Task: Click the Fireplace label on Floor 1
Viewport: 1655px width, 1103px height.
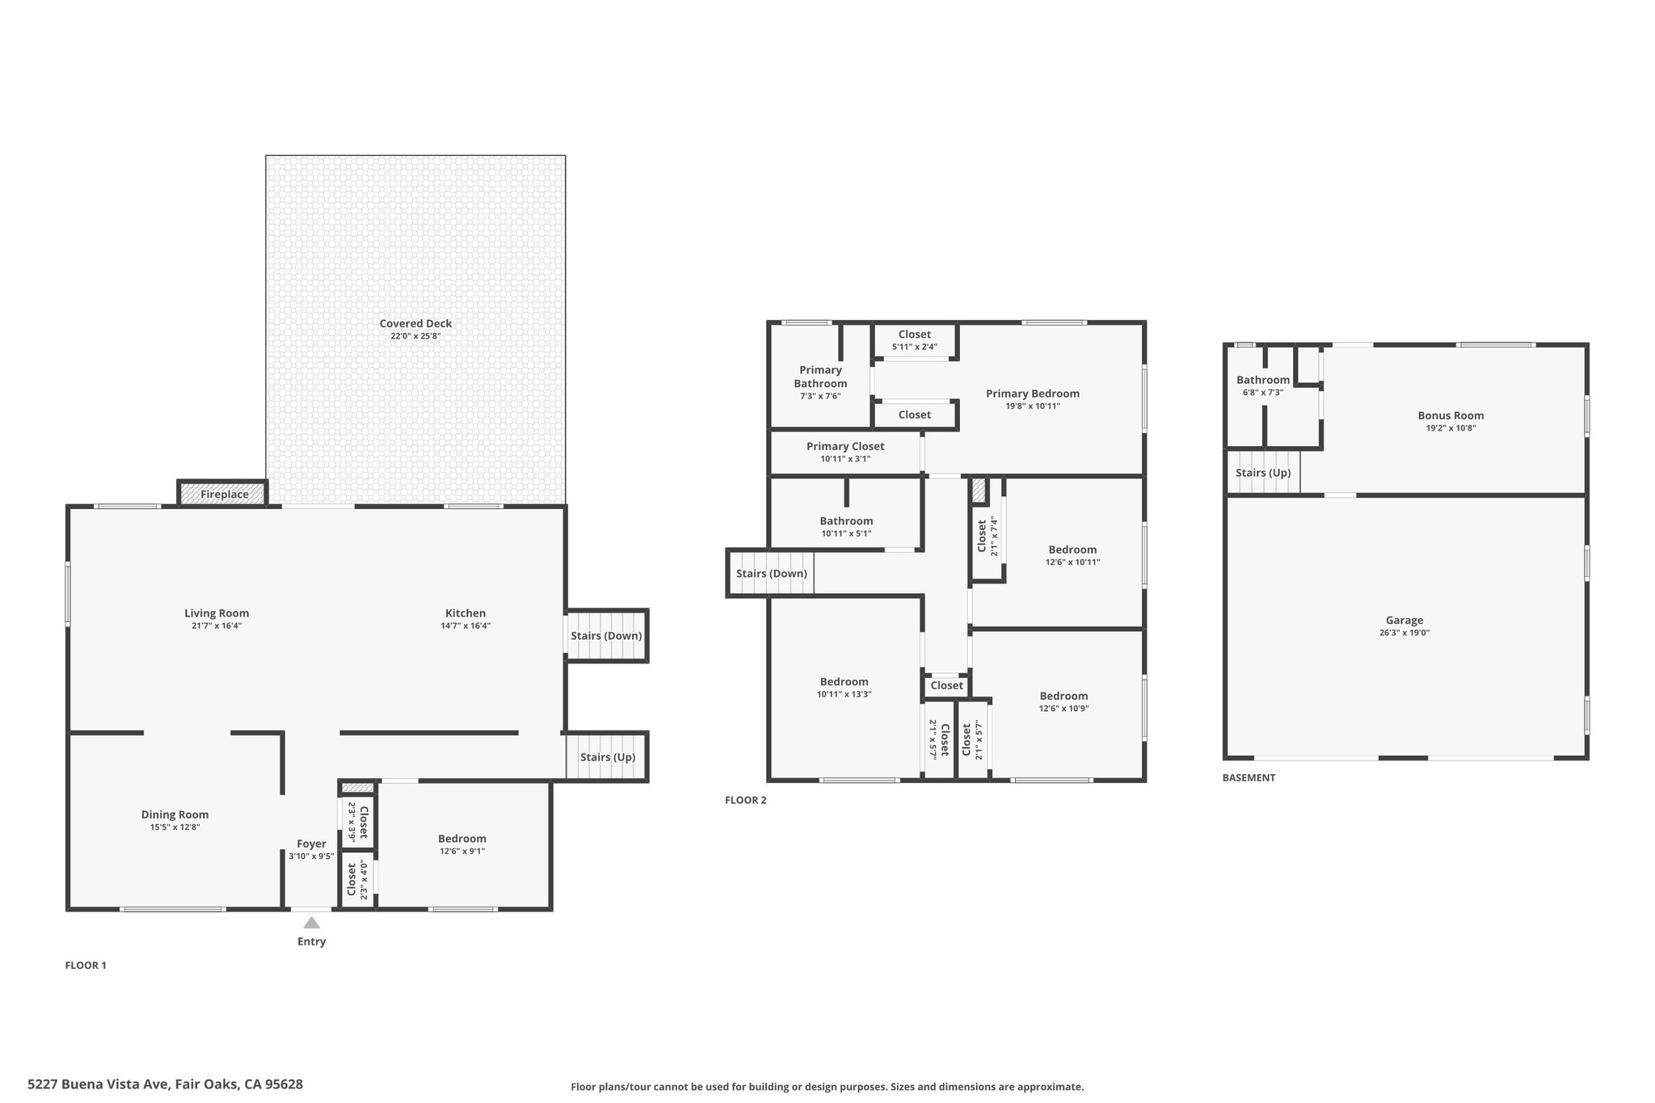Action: [x=225, y=495]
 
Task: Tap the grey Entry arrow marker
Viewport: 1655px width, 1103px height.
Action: [x=311, y=923]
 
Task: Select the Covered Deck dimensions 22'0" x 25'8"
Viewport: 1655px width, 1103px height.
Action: [x=415, y=336]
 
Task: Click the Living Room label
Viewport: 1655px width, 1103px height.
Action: [x=217, y=613]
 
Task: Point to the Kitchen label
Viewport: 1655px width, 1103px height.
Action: [x=465, y=613]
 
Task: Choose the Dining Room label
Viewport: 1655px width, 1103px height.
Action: [x=175, y=815]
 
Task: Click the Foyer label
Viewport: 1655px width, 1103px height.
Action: [x=311, y=844]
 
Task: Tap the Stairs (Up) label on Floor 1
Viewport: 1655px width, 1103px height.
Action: [x=608, y=757]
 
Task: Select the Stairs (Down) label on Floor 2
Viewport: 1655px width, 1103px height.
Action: [x=772, y=574]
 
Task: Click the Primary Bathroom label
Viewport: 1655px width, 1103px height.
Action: [x=820, y=377]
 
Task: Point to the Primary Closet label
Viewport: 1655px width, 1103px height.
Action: [x=845, y=446]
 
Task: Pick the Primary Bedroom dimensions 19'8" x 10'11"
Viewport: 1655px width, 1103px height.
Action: [x=1033, y=406]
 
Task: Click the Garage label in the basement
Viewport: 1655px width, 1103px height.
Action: [x=1404, y=621]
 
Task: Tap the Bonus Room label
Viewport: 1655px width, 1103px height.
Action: [x=1451, y=416]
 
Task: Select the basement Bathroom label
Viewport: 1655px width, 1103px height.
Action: [x=1263, y=380]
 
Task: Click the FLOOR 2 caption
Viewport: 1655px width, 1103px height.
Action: [x=745, y=801]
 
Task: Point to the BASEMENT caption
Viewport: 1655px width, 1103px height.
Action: [x=1249, y=778]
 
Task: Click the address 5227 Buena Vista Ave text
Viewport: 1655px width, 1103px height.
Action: [x=98, y=1084]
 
